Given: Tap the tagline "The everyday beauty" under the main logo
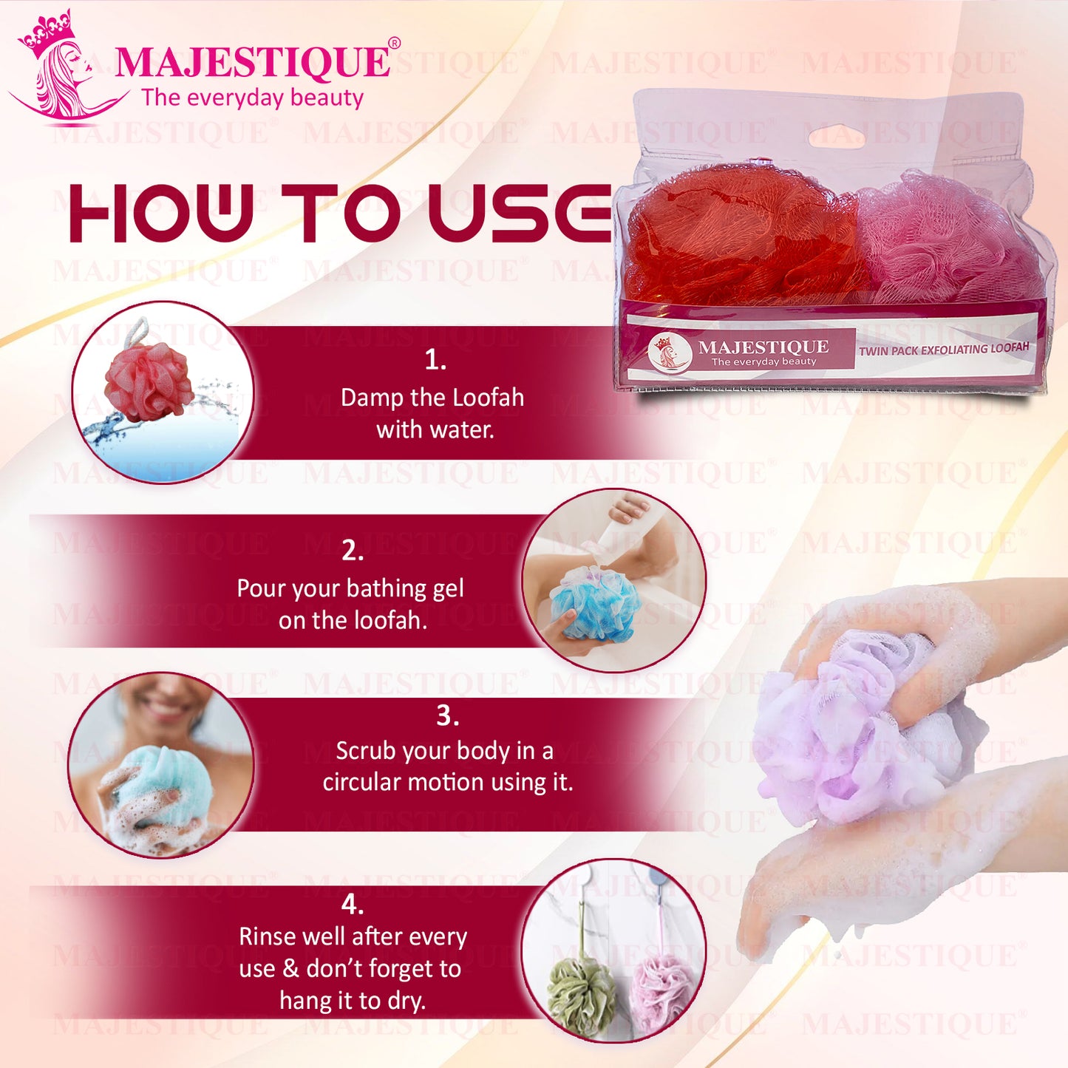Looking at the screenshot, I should point(252,98).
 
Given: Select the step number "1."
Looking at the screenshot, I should point(435,360).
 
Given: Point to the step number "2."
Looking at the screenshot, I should point(353,551).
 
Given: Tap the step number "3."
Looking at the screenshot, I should point(447,715).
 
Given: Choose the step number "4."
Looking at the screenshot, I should point(353,904).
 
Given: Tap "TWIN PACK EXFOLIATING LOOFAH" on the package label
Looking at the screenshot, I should point(943,349).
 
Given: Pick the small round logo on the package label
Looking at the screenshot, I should point(670,352).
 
